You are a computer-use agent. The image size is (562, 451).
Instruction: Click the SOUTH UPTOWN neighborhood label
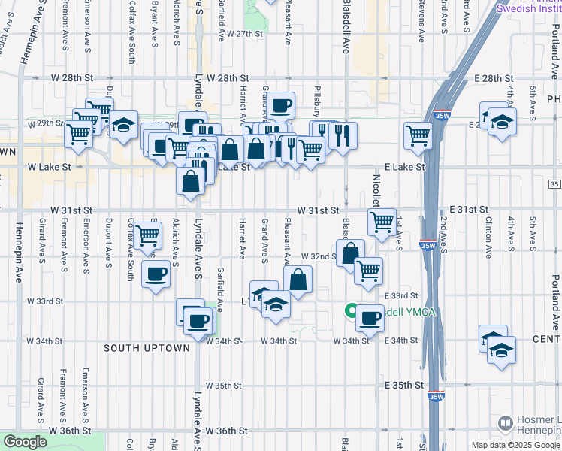(147, 348)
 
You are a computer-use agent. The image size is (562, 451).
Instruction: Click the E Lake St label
(406, 167)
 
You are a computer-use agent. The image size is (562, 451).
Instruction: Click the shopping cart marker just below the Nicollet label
(382, 222)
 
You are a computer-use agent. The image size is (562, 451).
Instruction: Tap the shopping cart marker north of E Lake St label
(418, 136)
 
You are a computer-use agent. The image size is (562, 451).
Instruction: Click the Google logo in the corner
(25, 443)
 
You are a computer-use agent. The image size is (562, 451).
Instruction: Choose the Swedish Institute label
(528, 8)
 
